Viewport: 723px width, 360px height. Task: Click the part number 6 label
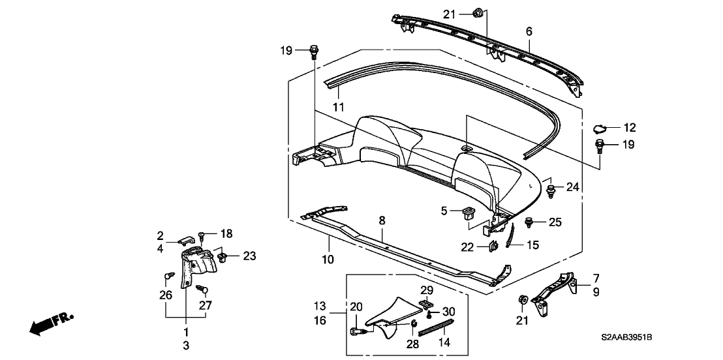pos(529,31)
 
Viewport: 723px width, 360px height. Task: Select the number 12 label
pos(629,128)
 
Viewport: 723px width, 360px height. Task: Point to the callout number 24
pos(572,187)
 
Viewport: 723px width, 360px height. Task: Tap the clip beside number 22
pos(493,246)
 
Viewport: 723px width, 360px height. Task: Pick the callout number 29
pos(427,289)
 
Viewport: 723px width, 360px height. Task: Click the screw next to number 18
pos(202,234)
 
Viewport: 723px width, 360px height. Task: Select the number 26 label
pos(166,295)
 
